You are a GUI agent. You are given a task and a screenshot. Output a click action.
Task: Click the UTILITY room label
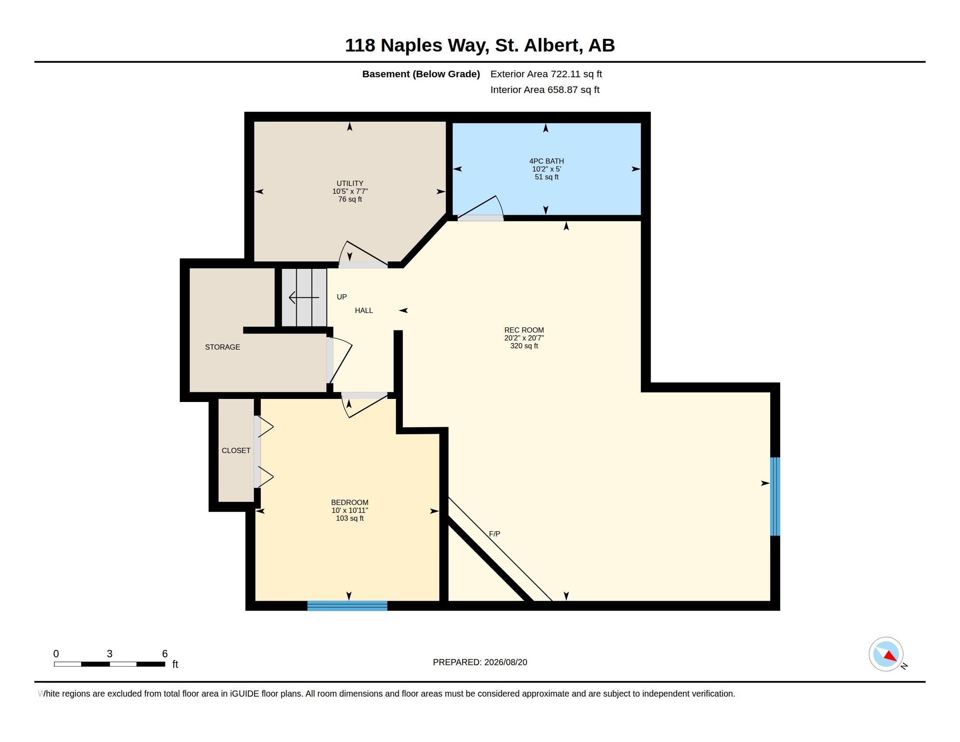coord(350,183)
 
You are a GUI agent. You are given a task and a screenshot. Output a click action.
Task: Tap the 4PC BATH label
coord(546,161)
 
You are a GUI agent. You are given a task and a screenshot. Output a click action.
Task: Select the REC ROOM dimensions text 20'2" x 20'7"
coord(524,338)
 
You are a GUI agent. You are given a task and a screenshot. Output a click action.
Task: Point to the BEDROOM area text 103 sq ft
coord(350,518)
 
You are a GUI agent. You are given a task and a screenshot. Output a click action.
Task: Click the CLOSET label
coord(236,450)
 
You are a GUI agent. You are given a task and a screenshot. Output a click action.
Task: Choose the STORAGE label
coord(223,347)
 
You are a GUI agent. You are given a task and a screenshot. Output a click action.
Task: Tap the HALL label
coord(364,310)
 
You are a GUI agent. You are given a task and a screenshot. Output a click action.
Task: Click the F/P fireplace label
coord(494,534)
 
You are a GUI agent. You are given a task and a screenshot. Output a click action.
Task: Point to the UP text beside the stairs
coord(342,297)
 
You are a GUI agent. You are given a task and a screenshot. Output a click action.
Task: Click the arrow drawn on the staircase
coord(304,298)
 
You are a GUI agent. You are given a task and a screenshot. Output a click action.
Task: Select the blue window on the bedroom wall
coord(347,606)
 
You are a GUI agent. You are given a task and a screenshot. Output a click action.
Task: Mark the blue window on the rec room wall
coord(775,497)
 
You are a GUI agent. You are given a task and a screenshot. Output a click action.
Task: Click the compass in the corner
coord(886,654)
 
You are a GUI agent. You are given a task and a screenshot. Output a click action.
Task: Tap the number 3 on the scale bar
coord(110,654)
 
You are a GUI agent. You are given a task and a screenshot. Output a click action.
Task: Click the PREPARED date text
coord(480,662)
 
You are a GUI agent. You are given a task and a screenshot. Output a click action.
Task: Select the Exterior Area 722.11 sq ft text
coord(546,74)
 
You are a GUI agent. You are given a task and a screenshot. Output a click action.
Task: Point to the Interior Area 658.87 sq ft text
coord(545,89)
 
